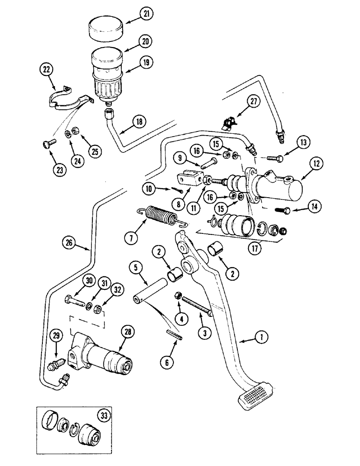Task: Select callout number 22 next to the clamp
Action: point(47,70)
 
